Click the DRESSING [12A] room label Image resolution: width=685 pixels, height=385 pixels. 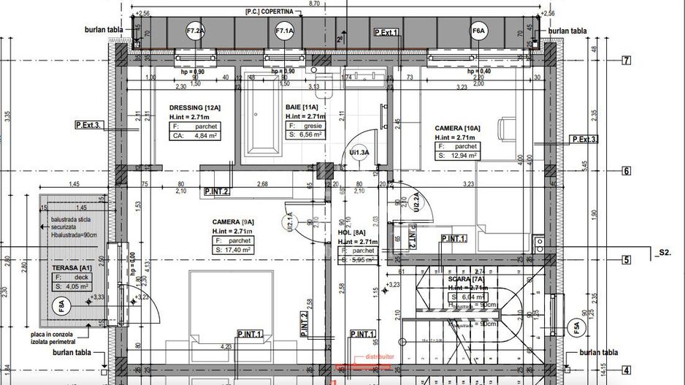click(195, 107)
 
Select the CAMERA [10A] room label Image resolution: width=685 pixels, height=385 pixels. click(458, 128)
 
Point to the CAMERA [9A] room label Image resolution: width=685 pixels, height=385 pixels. click(233, 221)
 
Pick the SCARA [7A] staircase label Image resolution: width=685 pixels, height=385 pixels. click(465, 279)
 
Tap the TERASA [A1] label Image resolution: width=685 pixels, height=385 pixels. click(71, 268)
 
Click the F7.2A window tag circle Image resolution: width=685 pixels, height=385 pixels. click(196, 31)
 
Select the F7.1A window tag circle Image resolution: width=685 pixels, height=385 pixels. click(284, 31)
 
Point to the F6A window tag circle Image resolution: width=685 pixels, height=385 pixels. click(479, 31)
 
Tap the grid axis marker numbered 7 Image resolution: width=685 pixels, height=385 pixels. click(625, 61)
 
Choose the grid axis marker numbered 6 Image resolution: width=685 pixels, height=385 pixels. click(625, 172)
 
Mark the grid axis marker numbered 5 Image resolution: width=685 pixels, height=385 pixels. click(625, 259)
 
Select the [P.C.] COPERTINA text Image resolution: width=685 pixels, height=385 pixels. click(269, 12)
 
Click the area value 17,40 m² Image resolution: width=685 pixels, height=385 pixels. click(233, 250)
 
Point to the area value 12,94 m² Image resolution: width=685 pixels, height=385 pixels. click(458, 156)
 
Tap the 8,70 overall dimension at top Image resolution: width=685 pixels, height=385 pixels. click(315, 4)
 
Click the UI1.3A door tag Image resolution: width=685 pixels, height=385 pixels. click(359, 152)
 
